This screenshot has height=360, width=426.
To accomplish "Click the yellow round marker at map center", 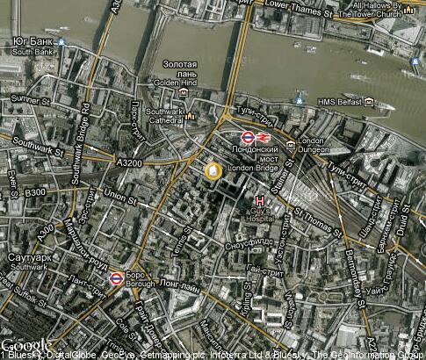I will click(213, 170).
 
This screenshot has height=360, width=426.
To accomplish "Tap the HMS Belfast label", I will click(340, 102).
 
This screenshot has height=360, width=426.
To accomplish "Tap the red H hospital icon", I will click(258, 201).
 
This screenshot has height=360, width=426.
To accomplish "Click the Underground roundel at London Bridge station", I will click(248, 138).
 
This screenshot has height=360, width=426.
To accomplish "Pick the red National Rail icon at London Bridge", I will click(264, 138).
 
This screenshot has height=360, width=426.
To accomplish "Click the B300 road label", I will click(35, 192).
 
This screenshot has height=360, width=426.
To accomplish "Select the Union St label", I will click(115, 194).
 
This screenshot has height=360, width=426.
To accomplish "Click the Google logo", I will click(25, 344).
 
